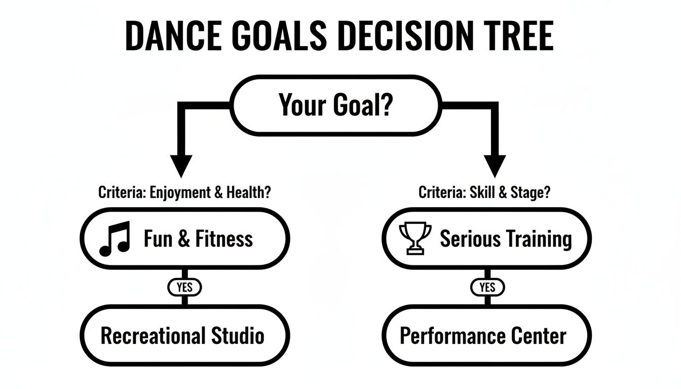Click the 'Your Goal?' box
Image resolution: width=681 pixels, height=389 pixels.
335,105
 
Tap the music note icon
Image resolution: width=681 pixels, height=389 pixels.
115,238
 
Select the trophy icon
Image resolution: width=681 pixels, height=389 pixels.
415,239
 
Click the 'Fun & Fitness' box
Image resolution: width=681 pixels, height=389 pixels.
185,238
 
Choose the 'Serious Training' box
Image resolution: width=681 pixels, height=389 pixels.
486,238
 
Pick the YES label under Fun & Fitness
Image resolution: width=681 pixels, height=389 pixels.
184,287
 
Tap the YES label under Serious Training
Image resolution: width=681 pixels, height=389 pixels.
487,287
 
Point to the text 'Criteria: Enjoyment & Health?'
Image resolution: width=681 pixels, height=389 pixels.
184,192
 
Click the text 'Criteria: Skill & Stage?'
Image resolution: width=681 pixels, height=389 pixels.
484,192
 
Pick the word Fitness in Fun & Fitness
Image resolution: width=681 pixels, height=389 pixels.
223,238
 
